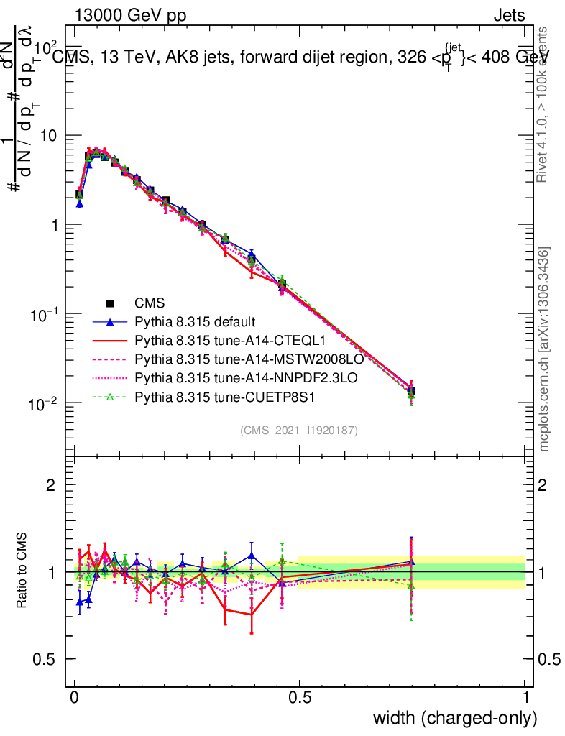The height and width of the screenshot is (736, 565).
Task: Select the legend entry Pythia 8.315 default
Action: point(195,321)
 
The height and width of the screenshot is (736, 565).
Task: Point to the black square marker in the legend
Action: point(111,303)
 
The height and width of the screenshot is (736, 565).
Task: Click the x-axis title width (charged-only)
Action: point(455,717)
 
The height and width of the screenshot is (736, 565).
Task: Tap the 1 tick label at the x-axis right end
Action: point(525,697)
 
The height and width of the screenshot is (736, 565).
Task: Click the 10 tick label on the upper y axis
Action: point(51,136)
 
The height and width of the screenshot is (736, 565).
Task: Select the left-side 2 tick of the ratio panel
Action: point(52,485)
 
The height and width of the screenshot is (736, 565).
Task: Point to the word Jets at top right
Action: point(509,16)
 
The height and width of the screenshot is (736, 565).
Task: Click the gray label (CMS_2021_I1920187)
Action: point(299,430)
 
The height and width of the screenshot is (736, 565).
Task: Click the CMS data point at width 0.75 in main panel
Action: point(411,391)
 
